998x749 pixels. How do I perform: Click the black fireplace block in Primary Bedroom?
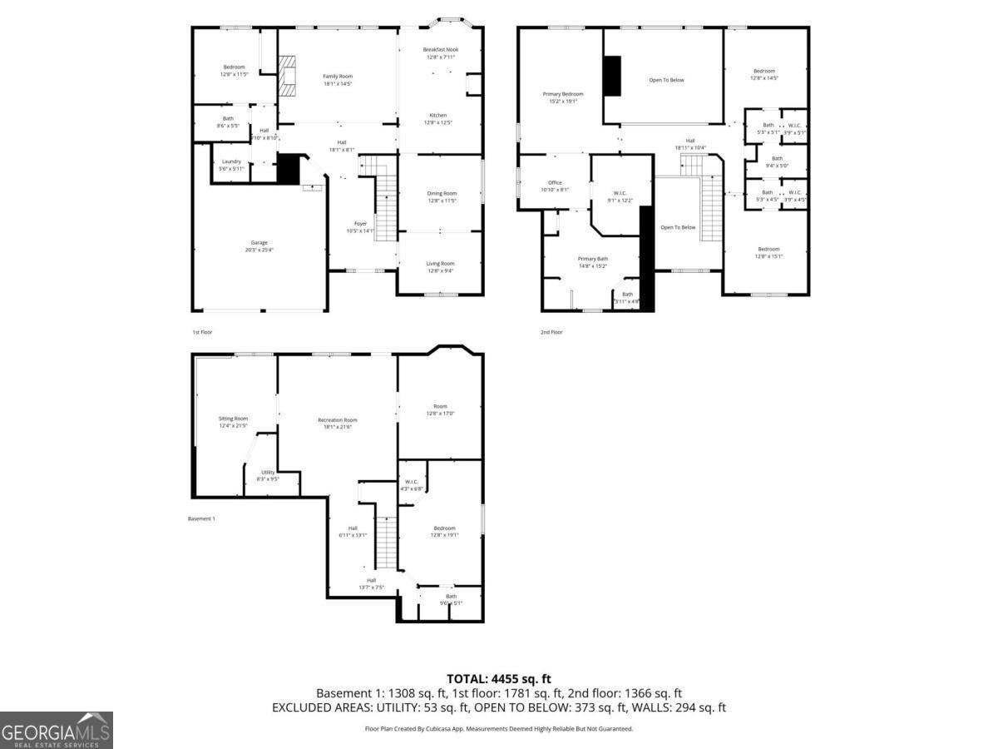coord(612,76)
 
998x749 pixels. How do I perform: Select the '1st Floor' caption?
coord(202,332)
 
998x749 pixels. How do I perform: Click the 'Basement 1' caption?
coord(202,518)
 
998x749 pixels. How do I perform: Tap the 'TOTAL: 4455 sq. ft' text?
coord(499,679)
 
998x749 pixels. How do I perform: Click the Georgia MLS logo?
coord(56,730)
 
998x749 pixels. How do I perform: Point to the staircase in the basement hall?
coord(386,541)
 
